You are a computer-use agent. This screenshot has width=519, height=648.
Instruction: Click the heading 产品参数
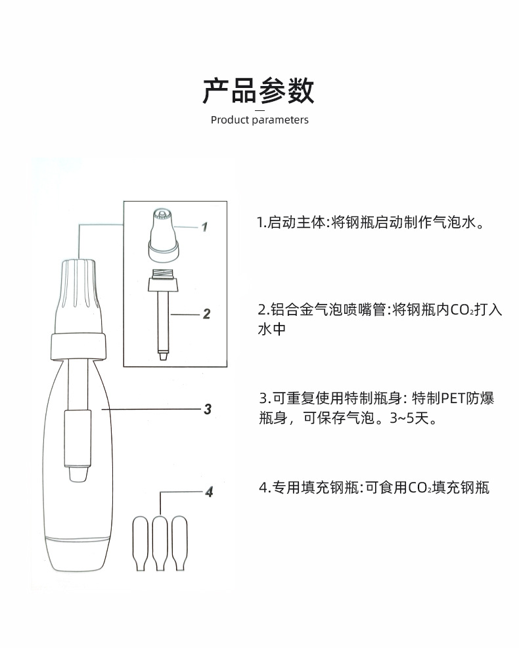(258, 91)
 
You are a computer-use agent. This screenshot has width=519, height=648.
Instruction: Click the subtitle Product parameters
(259, 120)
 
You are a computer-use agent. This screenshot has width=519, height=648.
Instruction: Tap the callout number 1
(204, 227)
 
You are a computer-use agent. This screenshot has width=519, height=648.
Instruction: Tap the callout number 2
(206, 314)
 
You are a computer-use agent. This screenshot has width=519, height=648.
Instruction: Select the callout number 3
(207, 409)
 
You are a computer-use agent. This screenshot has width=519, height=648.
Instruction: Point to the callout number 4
(208, 491)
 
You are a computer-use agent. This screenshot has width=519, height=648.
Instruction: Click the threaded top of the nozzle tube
(163, 274)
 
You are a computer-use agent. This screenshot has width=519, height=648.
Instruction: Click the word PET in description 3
(453, 398)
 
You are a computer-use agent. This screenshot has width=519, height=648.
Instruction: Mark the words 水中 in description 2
(271, 330)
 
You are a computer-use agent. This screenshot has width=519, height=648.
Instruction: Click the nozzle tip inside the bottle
(78, 474)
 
